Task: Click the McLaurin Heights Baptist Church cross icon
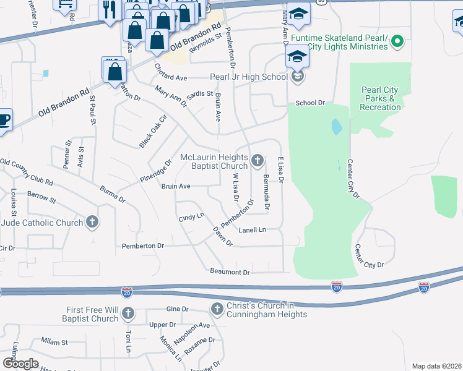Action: tap(258, 162)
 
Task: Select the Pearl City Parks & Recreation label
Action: tap(381, 99)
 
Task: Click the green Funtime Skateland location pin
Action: tap(398, 42)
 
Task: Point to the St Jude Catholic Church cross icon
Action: tap(92, 223)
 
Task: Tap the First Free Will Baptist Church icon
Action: tap(128, 314)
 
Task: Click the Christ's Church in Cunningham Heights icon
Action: tap(217, 309)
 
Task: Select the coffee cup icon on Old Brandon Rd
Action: tap(4, 119)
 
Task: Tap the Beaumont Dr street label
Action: tap(230, 272)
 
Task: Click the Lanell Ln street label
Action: tap(252, 230)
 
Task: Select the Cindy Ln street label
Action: tap(191, 218)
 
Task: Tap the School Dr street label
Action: tap(310, 103)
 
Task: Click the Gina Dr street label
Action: tap(176, 309)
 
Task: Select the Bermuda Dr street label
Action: tap(266, 192)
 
